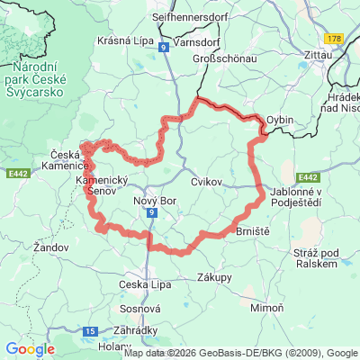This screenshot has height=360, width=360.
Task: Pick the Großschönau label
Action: (x=226, y=59)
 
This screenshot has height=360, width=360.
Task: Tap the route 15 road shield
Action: (x=90, y=331)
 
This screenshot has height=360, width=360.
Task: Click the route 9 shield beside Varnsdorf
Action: (x=164, y=47)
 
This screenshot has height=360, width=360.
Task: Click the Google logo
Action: (x=29, y=349)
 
